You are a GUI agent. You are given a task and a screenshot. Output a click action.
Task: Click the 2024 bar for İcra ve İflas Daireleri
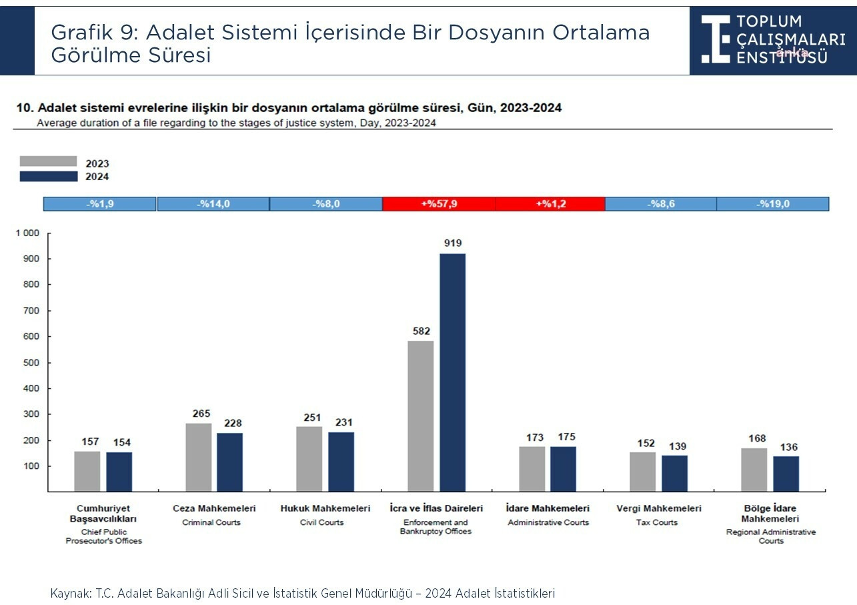(x=452, y=372)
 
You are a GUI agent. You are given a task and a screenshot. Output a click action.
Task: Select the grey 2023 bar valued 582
(x=420, y=416)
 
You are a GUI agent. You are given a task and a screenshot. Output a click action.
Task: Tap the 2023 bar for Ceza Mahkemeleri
(x=198, y=457)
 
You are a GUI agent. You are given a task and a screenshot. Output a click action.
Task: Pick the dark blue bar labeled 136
(x=786, y=474)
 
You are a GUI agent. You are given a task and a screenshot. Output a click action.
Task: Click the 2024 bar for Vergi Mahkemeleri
(x=674, y=473)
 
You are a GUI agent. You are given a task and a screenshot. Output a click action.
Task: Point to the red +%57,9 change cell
(x=439, y=204)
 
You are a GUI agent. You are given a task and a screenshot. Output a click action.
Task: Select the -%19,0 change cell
(x=772, y=204)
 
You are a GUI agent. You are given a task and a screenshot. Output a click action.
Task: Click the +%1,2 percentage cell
(x=550, y=204)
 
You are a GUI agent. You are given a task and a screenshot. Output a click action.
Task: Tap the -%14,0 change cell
(x=213, y=204)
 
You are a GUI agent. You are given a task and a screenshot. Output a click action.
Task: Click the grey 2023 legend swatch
(x=48, y=161)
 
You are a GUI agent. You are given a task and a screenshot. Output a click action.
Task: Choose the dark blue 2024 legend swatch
(x=48, y=177)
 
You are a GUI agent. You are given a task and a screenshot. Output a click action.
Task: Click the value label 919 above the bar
(x=453, y=243)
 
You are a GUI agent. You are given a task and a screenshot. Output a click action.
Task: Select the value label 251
(x=309, y=417)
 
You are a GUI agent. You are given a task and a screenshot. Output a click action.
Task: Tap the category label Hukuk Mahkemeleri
(x=325, y=508)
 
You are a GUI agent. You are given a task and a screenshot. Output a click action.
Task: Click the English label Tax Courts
(x=656, y=522)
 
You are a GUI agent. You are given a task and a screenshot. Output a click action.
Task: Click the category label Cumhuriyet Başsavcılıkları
(x=103, y=514)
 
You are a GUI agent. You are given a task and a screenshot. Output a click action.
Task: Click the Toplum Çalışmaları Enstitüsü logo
(x=772, y=37)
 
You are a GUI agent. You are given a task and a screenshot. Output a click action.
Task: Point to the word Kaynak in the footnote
(x=66, y=593)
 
